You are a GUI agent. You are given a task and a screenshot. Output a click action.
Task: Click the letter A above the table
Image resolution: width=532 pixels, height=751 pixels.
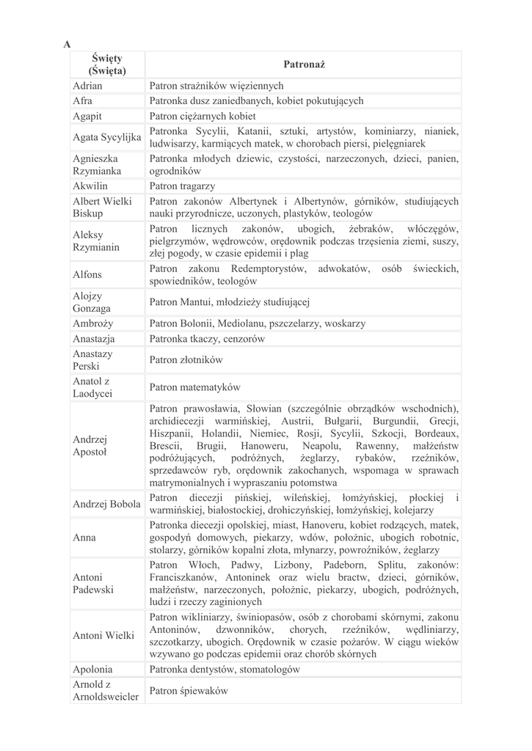(x=68, y=44)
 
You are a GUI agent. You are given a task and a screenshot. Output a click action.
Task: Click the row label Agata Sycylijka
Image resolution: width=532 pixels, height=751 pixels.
(x=106, y=137)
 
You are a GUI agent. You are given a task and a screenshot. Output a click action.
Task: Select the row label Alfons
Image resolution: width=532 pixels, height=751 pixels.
(x=87, y=275)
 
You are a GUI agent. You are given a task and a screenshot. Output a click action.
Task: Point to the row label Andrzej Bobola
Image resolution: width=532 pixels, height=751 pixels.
(x=106, y=504)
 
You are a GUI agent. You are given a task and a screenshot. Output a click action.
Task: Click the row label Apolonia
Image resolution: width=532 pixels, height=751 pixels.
(x=92, y=669)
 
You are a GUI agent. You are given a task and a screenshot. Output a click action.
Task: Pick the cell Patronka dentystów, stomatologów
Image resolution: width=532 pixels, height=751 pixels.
(x=225, y=669)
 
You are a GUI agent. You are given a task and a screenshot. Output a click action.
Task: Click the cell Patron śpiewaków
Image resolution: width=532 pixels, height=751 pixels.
(x=189, y=690)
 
